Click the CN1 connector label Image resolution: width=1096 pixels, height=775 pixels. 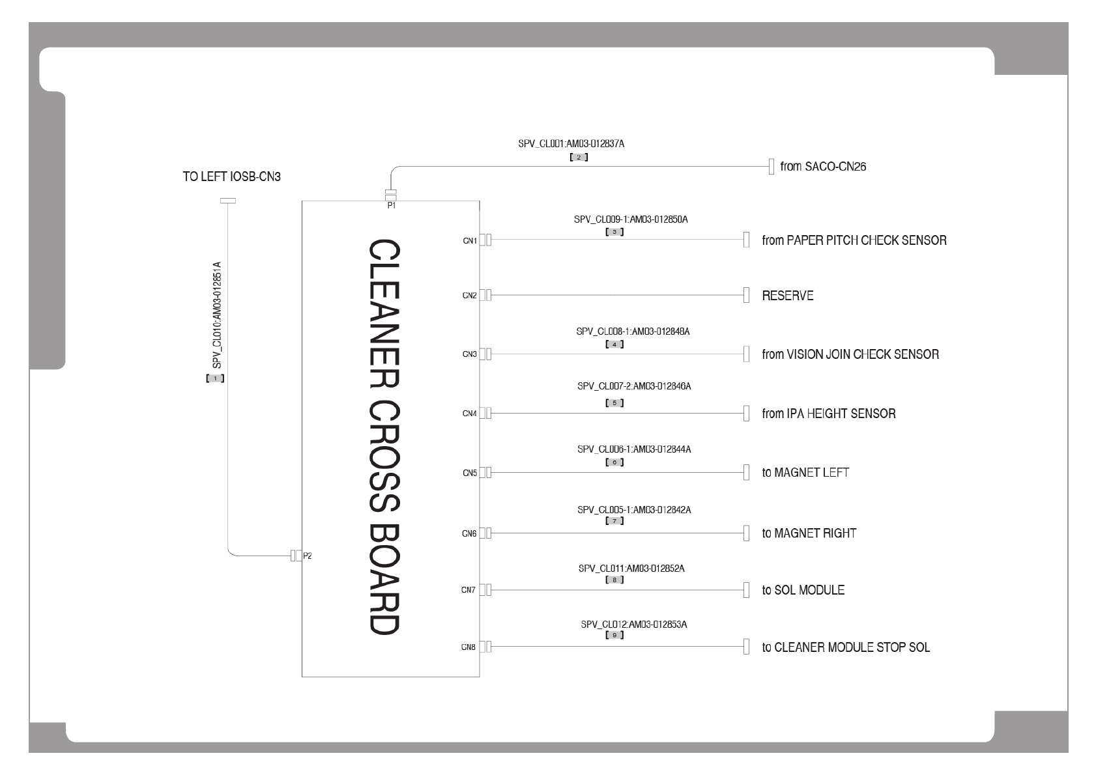point(470,241)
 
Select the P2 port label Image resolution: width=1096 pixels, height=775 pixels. point(308,556)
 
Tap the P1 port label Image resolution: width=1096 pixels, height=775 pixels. point(391,206)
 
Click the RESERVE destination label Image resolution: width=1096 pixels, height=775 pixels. point(787,296)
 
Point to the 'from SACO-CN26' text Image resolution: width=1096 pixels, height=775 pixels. point(823,167)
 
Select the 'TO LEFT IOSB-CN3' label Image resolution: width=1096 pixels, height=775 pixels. point(231,176)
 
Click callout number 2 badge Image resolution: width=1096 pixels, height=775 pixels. point(579,157)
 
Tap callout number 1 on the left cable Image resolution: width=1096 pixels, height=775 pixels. point(215,378)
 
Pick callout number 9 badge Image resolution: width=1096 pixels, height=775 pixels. point(614,635)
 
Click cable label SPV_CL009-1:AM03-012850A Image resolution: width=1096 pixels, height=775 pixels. point(630,219)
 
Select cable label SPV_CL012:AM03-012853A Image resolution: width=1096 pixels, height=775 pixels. point(633,625)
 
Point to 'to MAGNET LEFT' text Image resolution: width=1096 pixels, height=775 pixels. point(805,473)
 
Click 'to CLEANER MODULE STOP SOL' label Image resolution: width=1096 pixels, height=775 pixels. point(846,647)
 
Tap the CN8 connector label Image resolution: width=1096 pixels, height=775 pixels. point(469,647)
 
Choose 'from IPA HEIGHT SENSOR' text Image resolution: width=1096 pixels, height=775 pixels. point(828,414)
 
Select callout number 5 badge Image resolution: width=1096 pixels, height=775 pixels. point(614,403)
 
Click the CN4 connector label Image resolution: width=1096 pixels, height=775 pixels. point(469,414)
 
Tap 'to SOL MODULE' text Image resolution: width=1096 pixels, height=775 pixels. point(803,590)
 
